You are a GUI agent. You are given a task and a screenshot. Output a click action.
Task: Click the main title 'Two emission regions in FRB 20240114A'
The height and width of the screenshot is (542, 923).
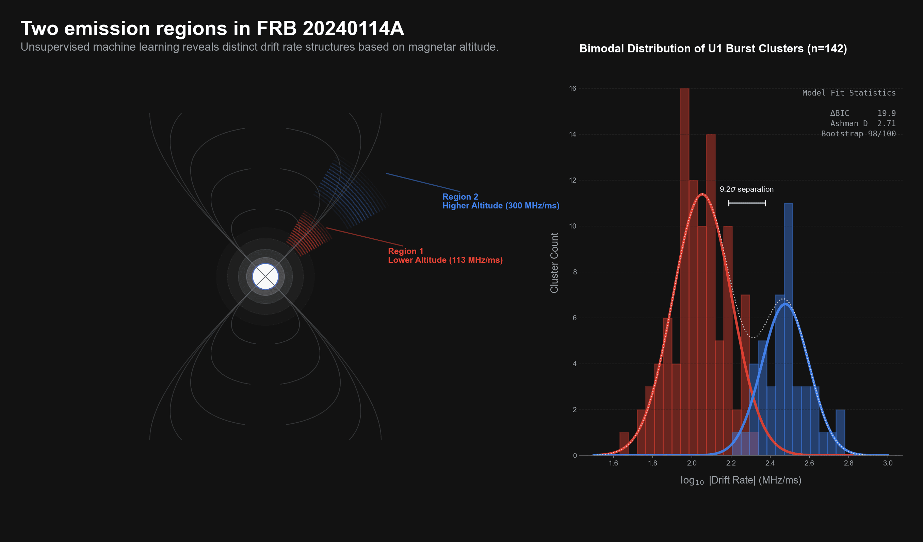coord(212,28)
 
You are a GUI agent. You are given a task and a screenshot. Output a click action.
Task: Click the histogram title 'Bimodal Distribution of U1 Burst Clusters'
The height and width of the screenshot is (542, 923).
coord(713,49)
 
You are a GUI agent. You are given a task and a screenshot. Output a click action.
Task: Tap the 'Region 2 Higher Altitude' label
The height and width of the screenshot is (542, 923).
coord(500,201)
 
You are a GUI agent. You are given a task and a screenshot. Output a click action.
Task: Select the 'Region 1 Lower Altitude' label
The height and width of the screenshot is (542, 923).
coord(445,255)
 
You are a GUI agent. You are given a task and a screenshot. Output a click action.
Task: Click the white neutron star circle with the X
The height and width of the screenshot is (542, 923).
coord(265,276)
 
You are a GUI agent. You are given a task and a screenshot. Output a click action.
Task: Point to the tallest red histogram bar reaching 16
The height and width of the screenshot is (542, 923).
coord(684,256)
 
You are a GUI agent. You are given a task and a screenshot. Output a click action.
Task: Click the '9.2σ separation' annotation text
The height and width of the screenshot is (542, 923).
coord(746,189)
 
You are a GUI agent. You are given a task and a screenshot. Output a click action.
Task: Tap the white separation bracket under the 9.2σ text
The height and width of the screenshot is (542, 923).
coord(746,203)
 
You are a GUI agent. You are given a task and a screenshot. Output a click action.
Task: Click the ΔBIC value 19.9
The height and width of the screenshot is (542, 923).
coord(886,114)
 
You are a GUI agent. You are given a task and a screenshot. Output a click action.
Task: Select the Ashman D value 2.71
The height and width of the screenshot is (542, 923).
coord(886,124)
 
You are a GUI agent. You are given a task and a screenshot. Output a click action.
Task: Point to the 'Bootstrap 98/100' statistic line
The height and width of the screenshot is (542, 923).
coord(858,134)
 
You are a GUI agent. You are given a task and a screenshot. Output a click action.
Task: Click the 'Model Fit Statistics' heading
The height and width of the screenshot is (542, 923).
coord(849,93)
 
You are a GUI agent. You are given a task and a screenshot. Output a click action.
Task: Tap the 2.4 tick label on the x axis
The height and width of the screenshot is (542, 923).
coord(770,463)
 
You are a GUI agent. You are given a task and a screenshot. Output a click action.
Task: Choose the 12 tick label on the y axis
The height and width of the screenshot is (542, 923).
coord(572,180)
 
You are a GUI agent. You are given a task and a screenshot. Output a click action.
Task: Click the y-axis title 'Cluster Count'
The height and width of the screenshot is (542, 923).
coord(554,263)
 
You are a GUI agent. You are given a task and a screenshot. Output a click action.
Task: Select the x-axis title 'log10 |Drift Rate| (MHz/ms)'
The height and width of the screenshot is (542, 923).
coord(741,480)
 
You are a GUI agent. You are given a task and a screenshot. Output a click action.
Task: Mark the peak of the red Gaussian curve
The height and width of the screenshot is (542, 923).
coord(702,194)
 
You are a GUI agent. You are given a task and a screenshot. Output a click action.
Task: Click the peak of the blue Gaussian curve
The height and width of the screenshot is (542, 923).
coord(785,304)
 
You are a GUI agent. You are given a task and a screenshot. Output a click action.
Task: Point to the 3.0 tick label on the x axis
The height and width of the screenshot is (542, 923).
coord(888,463)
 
